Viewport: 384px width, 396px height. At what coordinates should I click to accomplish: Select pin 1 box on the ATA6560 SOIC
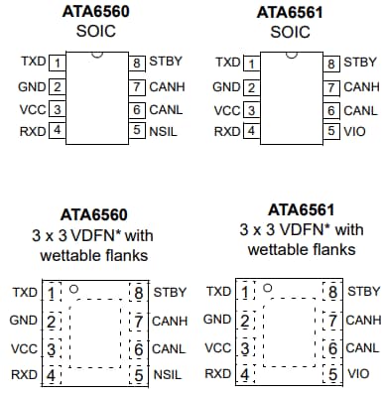[58, 63]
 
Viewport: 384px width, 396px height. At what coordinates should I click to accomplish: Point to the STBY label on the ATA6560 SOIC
[165, 63]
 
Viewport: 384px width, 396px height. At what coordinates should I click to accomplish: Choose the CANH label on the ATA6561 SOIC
[360, 86]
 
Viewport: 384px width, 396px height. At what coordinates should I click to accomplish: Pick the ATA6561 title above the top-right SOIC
[289, 12]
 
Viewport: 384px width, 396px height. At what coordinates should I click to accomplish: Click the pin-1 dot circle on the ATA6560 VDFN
[73, 292]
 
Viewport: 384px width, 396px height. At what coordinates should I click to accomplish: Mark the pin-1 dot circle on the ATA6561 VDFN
[267, 292]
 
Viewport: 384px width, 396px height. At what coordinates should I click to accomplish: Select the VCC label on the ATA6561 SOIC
[227, 109]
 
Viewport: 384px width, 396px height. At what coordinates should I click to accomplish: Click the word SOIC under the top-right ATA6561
[288, 31]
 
